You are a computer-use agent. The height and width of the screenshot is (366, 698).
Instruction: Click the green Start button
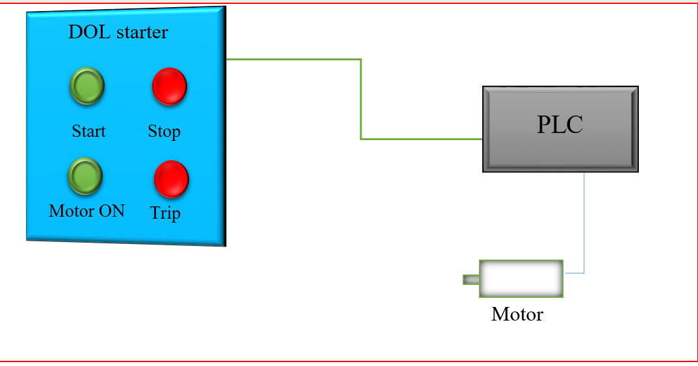coord(86,86)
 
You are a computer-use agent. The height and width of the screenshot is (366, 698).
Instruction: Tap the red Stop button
coord(170,86)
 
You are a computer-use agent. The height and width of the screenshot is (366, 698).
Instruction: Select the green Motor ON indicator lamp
coord(85,175)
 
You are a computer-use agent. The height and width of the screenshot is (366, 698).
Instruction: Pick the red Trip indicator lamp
coord(172,179)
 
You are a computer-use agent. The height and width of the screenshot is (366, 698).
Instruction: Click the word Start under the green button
coord(88,131)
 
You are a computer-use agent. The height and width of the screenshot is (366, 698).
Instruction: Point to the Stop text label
coord(164,132)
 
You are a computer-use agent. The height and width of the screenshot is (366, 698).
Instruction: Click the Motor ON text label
coord(86,211)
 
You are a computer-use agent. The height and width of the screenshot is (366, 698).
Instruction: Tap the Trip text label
coord(165,213)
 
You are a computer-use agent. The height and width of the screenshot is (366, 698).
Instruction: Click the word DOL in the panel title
coord(85,32)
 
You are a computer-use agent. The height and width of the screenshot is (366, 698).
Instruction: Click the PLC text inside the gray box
coord(560,125)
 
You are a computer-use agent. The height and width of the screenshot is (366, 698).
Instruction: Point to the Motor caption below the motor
coord(517,315)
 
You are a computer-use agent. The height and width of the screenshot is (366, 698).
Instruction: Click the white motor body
coord(521,279)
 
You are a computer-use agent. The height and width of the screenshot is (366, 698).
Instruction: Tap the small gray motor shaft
coord(471,280)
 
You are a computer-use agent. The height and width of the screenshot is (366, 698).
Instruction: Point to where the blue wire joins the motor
coord(565,273)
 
